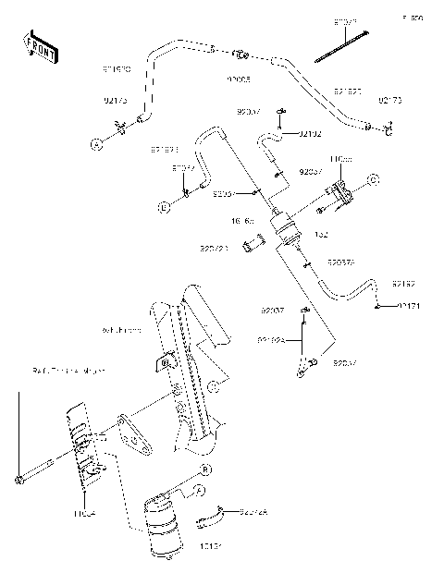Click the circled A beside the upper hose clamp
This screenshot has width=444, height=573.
[94, 143]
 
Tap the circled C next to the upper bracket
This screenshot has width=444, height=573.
[373, 178]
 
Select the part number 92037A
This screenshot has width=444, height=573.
[340, 263]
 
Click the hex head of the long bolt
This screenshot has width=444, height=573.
[18, 479]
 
